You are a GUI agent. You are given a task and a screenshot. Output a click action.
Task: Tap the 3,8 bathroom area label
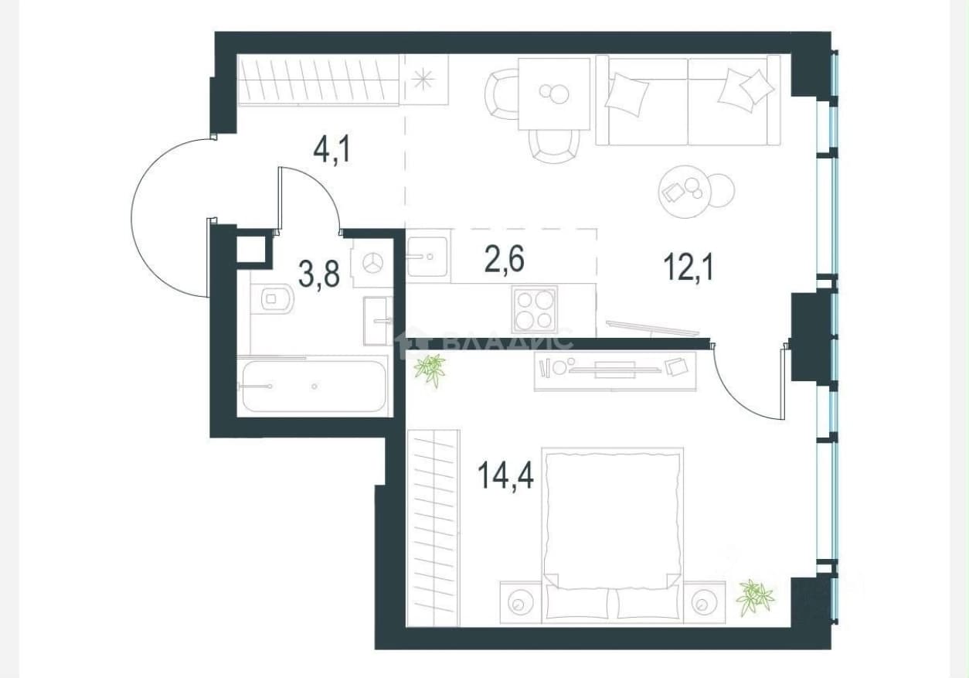tap(319, 274)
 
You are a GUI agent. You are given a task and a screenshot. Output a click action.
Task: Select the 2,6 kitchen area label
tap(505, 258)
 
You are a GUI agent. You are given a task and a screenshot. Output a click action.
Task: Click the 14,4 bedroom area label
tap(505, 475)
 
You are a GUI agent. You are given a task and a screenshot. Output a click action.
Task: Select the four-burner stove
tap(535, 308)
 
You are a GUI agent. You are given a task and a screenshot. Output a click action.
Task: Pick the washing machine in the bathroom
tap(372, 263)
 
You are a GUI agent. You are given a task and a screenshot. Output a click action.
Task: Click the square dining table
tap(554, 94)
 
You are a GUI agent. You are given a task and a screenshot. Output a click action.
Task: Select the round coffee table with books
tap(685, 192)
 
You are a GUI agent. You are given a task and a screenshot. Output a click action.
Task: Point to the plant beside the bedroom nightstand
tap(755, 598)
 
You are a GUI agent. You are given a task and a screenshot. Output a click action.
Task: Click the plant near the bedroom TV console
tap(430, 369)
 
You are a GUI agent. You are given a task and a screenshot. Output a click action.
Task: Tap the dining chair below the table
tap(555, 146)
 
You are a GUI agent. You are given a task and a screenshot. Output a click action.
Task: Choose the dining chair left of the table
tap(501, 94)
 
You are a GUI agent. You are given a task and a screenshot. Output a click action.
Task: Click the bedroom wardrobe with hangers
tap(433, 527)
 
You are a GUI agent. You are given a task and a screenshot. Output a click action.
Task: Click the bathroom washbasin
tap(378, 321)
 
